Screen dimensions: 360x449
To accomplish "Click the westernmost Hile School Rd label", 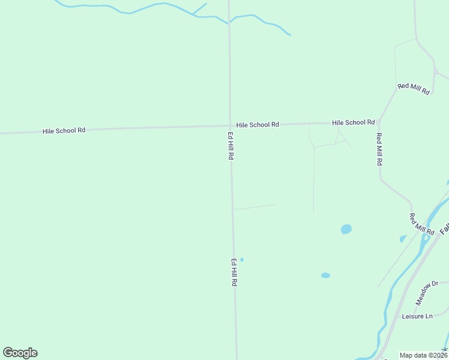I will coord(64,130).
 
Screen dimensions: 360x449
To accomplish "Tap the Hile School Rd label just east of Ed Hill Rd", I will coord(258,125).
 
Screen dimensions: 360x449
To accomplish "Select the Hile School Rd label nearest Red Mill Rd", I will coord(354,122).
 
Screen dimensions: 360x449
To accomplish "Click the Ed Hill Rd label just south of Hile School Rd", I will coord(231,146).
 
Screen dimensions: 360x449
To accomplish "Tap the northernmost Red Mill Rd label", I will coord(414,88).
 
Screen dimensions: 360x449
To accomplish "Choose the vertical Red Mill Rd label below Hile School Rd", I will coord(379,149).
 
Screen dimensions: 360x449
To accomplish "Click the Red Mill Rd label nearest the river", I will coord(421,223).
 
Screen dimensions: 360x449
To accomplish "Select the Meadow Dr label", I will coord(427,292).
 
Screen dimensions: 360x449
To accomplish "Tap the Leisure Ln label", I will coord(417,316).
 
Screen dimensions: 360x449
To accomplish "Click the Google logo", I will coord(20,353).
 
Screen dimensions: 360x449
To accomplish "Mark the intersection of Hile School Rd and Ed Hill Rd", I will coord(229,126).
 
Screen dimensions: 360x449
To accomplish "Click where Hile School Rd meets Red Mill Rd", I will coord(378,122).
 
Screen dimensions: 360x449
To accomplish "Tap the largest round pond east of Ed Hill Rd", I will coord(346,229).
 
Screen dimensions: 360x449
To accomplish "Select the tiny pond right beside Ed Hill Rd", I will coord(242,260).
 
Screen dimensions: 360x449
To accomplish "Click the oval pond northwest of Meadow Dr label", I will coord(325,275).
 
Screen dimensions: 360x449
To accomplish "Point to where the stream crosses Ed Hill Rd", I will coord(229,23).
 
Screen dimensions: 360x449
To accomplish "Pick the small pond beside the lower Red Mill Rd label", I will coord(403,239).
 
